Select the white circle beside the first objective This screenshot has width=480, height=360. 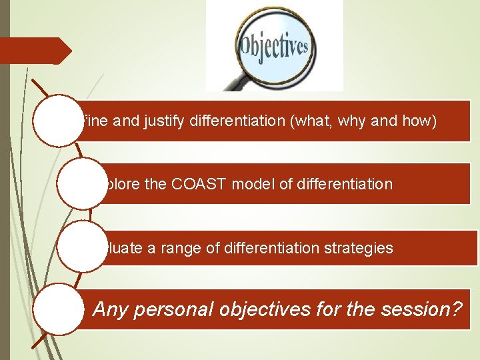57,121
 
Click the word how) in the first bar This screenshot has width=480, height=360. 419,121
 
